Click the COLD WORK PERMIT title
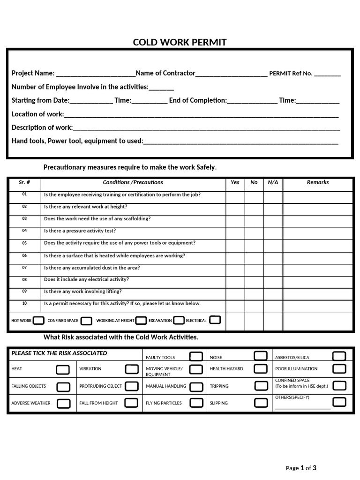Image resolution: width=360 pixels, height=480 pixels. (180, 42)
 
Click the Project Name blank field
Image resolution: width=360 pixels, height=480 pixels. (95, 74)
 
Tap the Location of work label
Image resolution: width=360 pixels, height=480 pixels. (37, 114)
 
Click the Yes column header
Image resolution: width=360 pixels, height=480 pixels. (235, 182)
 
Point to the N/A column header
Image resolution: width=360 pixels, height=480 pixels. (273, 182)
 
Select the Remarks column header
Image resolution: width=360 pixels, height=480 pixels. (317, 182)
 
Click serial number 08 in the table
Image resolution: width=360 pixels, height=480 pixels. (24, 279)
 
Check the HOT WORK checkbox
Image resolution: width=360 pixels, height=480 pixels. (39, 321)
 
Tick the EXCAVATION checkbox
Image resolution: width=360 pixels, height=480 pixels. (179, 321)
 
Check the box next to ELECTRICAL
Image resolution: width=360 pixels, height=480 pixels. (215, 320)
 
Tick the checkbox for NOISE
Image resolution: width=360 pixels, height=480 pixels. (261, 356)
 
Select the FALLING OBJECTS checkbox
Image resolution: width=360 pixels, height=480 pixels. (63, 387)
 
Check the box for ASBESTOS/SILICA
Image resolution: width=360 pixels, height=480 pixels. (339, 357)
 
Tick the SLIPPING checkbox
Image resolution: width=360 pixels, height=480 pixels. (261, 403)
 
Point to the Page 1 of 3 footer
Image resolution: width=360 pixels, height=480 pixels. (301, 468)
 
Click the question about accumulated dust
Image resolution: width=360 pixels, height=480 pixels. (92, 268)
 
